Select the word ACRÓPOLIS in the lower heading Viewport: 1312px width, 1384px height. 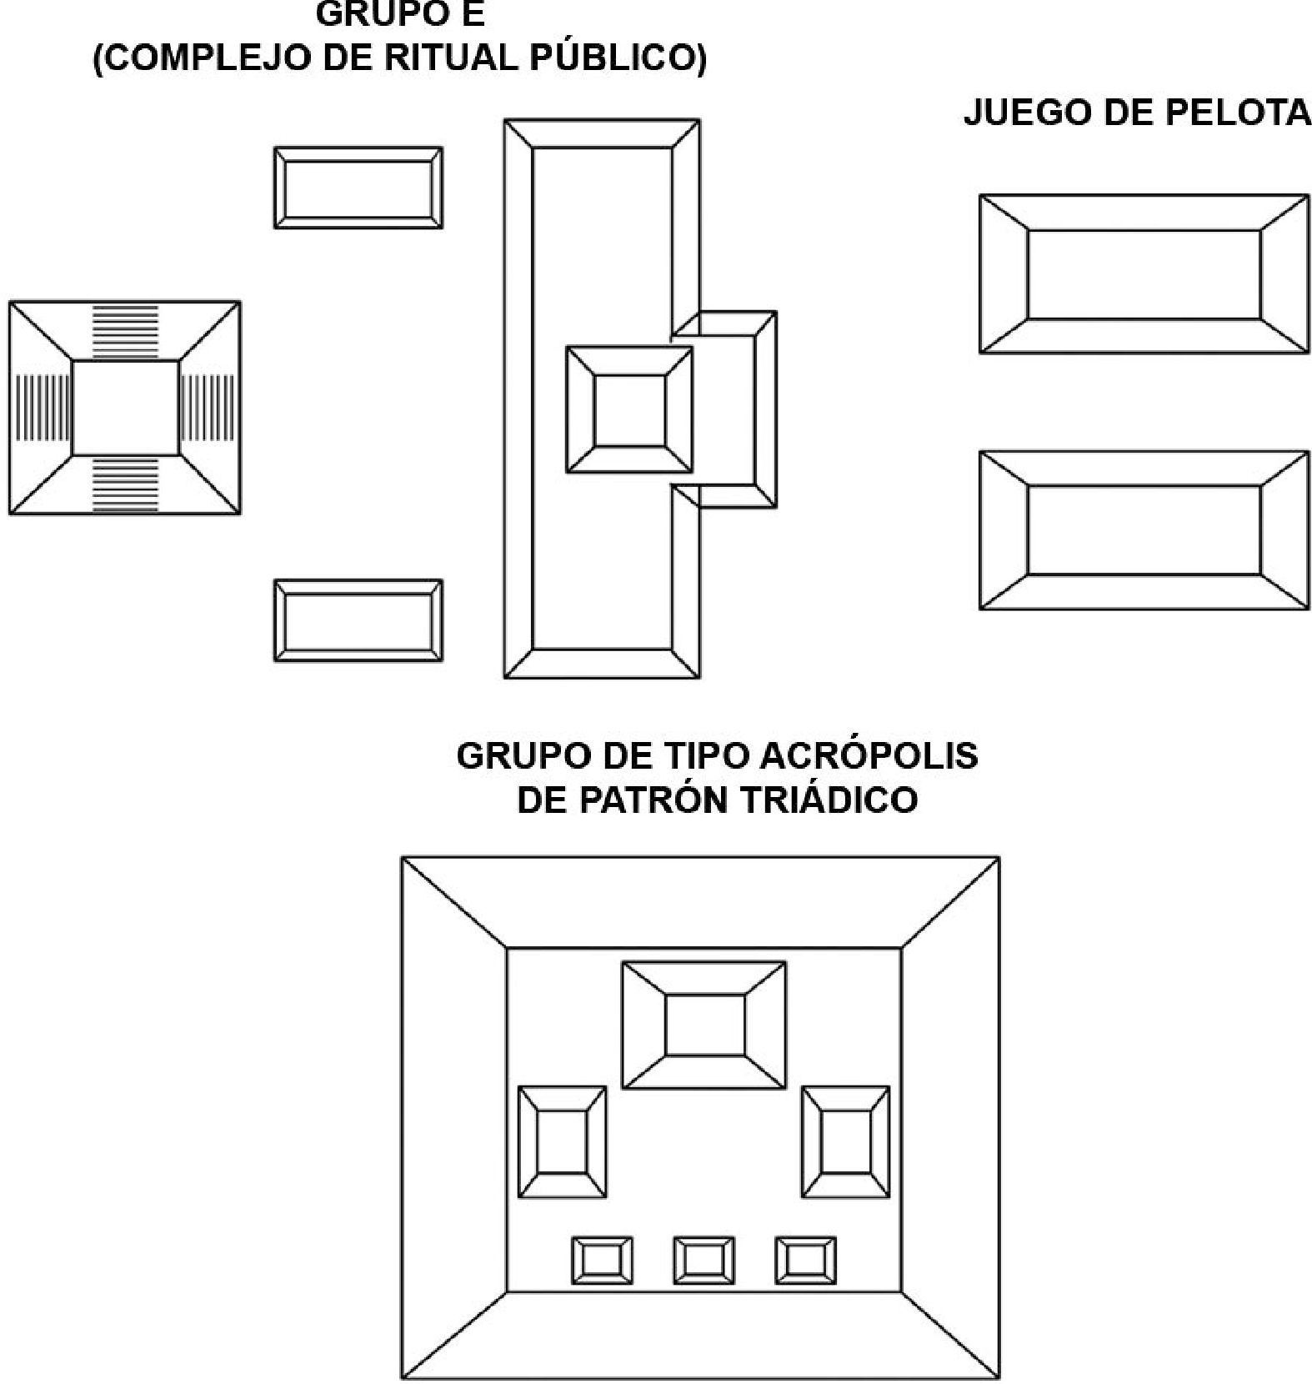[x=869, y=755]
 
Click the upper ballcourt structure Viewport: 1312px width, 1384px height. [x=1144, y=273]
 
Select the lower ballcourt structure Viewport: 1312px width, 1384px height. [x=1144, y=530]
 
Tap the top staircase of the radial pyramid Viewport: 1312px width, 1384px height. [x=125, y=332]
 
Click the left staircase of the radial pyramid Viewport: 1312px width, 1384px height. [x=42, y=407]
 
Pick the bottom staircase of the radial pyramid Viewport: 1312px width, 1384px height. [x=125, y=484]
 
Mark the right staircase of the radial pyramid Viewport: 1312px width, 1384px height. [x=209, y=407]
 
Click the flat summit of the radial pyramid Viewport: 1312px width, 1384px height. [x=125, y=407]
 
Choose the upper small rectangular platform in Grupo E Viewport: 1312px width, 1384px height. [x=358, y=188]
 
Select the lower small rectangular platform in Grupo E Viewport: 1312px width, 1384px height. [x=358, y=620]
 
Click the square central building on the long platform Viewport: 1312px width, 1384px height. [x=629, y=410]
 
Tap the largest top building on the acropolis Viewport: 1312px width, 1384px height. [x=704, y=1025]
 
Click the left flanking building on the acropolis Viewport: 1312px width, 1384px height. [x=563, y=1141]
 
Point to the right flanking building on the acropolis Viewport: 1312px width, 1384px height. [x=846, y=1141]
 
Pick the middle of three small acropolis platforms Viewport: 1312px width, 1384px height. [x=704, y=1260]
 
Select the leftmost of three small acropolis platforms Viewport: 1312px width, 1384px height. [x=602, y=1260]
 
